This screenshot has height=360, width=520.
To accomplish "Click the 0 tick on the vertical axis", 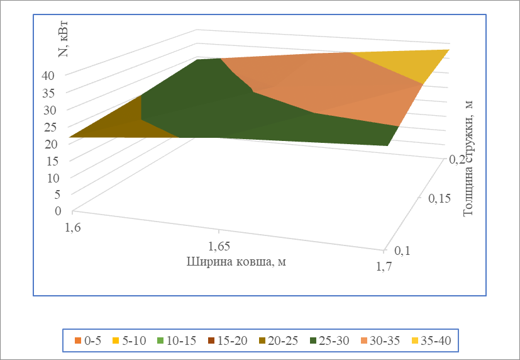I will pos(58,211).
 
